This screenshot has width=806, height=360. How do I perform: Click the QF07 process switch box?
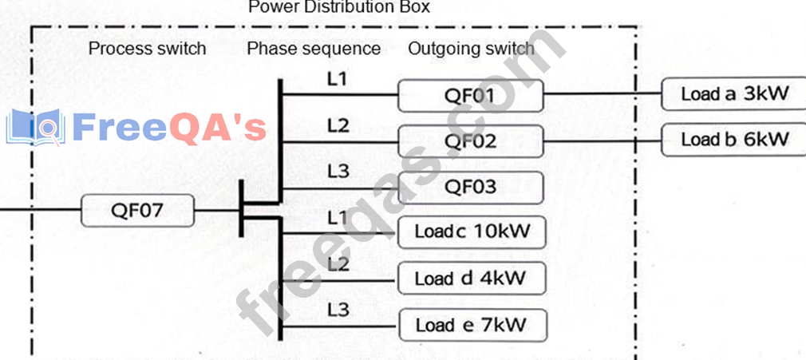(x=137, y=212)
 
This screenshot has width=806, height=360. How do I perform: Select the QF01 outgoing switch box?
(x=470, y=97)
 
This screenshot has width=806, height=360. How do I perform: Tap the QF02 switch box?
(x=470, y=141)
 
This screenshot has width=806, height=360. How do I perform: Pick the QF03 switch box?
(x=470, y=188)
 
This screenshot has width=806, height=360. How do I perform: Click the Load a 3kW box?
(x=734, y=94)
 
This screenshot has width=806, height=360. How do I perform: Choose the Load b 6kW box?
(x=734, y=140)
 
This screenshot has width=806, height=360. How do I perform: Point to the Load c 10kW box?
(x=470, y=232)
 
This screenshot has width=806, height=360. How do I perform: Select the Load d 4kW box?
(x=470, y=279)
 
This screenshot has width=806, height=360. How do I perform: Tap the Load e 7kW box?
(x=470, y=325)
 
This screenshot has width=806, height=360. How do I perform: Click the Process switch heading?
(x=147, y=49)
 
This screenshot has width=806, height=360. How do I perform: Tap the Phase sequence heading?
(x=314, y=49)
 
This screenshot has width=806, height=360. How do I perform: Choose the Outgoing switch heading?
(x=471, y=49)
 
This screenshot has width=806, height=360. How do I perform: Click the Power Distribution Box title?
(x=339, y=7)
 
